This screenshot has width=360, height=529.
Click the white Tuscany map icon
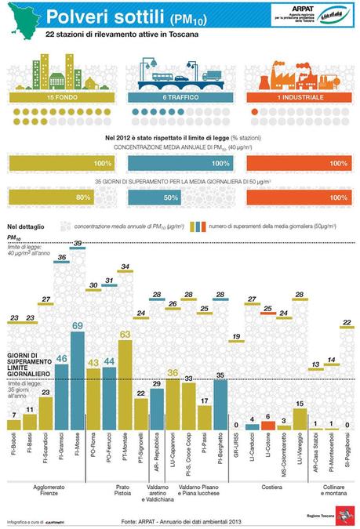tap(20, 20)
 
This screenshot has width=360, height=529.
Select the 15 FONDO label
tap(47, 97)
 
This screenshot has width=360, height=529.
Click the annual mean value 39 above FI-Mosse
tap(78, 244)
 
